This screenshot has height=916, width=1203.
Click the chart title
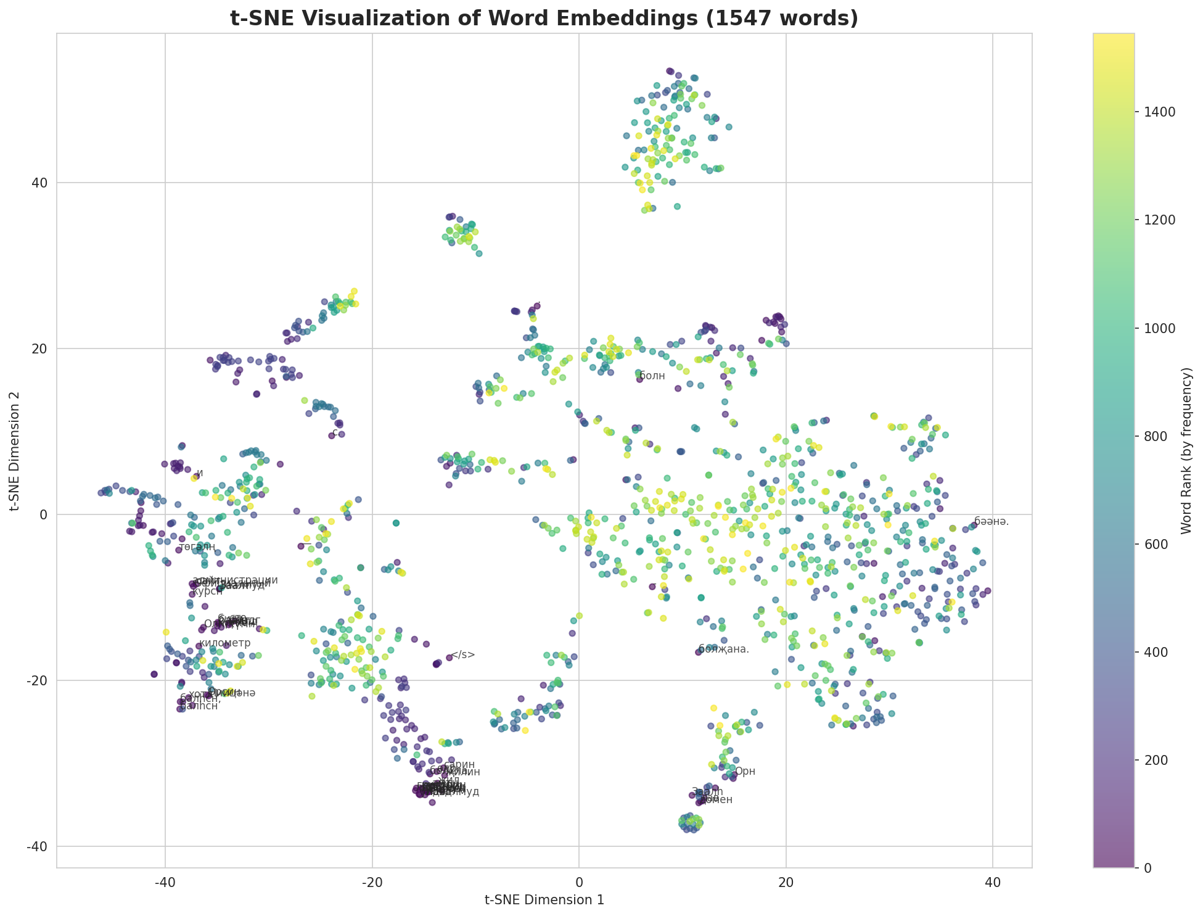click(544, 19)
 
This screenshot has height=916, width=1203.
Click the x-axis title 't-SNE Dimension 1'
click(544, 900)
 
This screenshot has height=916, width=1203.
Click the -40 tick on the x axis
click(165, 880)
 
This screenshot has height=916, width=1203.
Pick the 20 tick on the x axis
click(786, 880)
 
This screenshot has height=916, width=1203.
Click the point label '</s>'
click(463, 655)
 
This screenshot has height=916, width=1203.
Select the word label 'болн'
click(652, 376)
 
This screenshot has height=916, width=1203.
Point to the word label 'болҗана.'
click(724, 649)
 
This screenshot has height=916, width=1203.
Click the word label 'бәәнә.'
click(992, 521)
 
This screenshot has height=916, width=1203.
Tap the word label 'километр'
click(226, 643)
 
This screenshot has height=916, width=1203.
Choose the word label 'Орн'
click(745, 771)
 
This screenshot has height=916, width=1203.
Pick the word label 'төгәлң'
click(197, 547)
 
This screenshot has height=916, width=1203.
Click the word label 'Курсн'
click(207, 591)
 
